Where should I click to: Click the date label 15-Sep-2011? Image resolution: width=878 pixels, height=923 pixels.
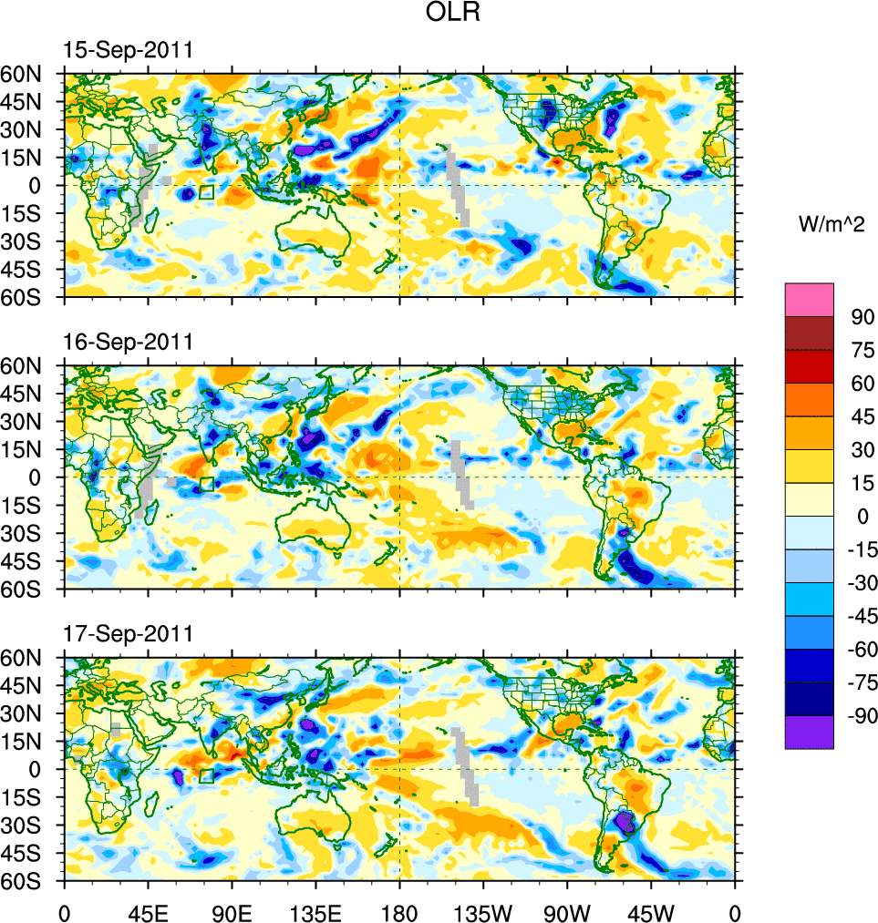(x=128, y=50)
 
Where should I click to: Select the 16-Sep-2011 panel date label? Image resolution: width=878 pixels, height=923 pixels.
(x=128, y=342)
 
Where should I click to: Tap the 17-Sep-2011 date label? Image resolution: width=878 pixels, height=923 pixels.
(x=128, y=633)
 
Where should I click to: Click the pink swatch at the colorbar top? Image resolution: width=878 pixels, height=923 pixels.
(x=809, y=299)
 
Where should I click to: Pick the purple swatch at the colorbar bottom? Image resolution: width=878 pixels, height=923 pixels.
(x=809, y=732)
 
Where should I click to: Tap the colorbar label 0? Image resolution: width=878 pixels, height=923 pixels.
(x=856, y=517)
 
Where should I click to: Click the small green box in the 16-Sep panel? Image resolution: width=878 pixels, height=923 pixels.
(x=206, y=484)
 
